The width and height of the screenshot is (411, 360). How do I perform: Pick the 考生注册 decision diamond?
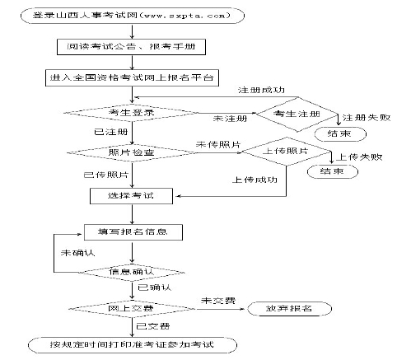click(297, 112)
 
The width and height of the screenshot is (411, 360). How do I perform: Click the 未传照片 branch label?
click(218, 144)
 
